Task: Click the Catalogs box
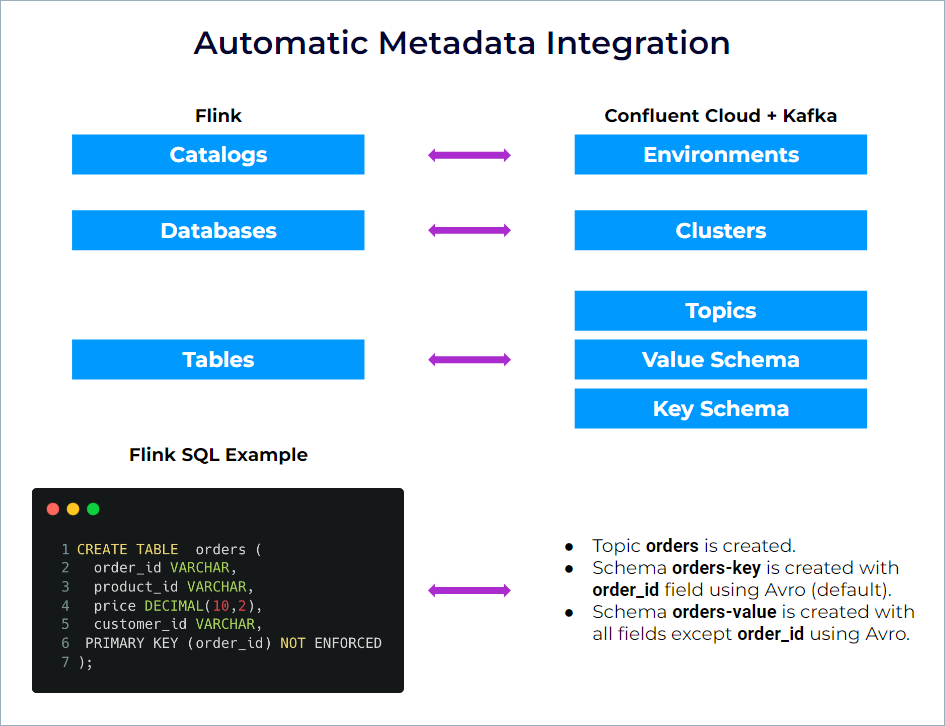(218, 155)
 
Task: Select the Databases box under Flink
(218, 231)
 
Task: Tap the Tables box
(218, 360)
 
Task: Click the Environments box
(720, 155)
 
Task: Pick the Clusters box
(720, 231)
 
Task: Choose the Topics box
(720, 311)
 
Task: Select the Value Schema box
(720, 360)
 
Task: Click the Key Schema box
(720, 409)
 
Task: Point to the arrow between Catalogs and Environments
(469, 155)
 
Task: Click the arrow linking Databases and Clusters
(469, 231)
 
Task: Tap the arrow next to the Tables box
(469, 360)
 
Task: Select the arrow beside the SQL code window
(469, 591)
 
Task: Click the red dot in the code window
(53, 509)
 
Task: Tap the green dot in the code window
(93, 509)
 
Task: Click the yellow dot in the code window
(73, 509)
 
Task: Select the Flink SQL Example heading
(218, 455)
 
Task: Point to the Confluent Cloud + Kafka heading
(720, 116)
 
